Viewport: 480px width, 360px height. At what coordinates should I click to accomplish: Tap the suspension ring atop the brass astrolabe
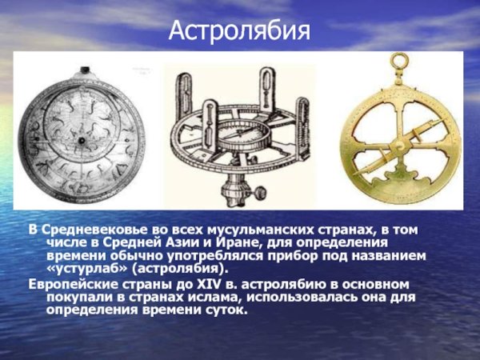pos(398,62)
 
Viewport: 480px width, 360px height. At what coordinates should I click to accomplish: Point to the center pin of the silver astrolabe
pos(81,138)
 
